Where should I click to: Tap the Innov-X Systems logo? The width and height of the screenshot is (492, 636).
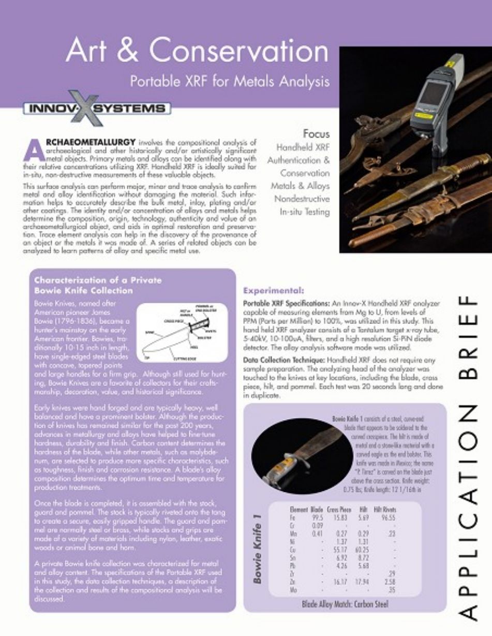[x=97, y=108]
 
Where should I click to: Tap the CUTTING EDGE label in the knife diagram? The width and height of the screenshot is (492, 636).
[x=183, y=355]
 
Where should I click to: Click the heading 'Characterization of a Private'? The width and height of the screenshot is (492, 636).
[x=98, y=280]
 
